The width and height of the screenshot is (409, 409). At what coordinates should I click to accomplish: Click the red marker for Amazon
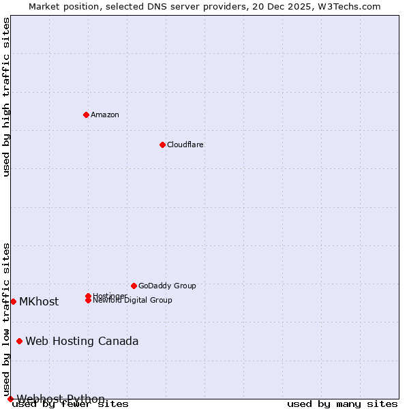[x=86, y=115]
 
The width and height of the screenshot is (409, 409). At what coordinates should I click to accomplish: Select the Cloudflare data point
[x=162, y=145]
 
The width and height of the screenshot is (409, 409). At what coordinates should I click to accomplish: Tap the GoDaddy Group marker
[x=134, y=286]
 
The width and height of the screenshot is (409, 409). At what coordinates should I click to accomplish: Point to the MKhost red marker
[x=13, y=301]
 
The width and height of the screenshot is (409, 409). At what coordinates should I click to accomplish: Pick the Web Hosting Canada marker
[x=19, y=341]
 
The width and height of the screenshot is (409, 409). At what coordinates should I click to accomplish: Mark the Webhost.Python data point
[x=10, y=399]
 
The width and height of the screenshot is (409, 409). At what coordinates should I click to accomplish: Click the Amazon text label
[x=105, y=115]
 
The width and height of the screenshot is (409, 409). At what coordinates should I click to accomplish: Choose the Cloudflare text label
[x=185, y=145]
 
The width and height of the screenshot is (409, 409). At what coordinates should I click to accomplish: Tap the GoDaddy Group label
[x=167, y=286]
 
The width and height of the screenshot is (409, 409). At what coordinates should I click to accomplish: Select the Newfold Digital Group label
[x=132, y=301]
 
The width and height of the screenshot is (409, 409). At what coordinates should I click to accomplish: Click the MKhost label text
[x=39, y=301]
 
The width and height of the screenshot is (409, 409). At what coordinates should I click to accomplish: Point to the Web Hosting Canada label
[x=82, y=341]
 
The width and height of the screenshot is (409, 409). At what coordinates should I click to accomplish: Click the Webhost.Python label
[x=61, y=399]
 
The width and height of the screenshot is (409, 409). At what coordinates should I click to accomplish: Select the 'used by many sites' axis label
[x=342, y=404]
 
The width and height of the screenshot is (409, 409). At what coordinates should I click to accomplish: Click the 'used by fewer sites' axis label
[x=70, y=404]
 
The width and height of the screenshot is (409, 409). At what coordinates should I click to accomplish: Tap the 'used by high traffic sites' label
[x=7, y=97]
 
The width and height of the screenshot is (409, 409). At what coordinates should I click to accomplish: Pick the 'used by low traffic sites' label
[x=7, y=319]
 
